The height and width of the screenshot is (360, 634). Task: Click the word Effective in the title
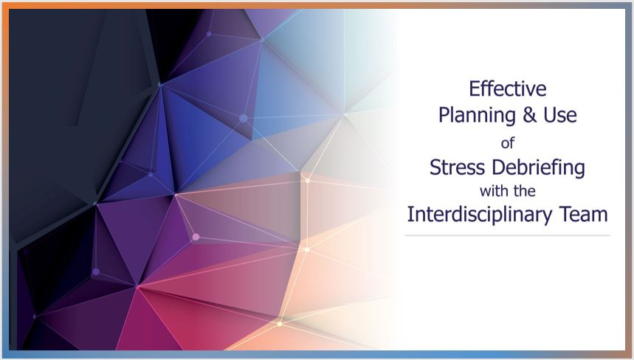pos(508,89)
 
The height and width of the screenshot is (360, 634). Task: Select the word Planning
pos(477,116)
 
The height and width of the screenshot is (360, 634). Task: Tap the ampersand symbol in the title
pos(529,115)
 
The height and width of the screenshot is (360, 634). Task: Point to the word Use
pos(560,115)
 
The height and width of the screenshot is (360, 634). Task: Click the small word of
pos(508,142)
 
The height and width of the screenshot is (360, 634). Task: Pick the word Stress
pos(457,167)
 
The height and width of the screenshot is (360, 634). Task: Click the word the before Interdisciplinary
pos(525,190)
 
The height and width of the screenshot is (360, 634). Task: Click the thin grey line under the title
pos(508,235)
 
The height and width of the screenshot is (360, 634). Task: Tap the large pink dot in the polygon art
pos(196,237)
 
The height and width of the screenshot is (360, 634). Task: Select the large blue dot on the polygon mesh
pos(244,118)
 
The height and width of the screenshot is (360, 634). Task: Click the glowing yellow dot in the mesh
pos(280,324)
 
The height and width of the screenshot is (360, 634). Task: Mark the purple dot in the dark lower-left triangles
pos(96,271)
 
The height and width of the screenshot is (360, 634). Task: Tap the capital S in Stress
pos(435,167)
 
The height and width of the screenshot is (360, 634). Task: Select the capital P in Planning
pos(444,115)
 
